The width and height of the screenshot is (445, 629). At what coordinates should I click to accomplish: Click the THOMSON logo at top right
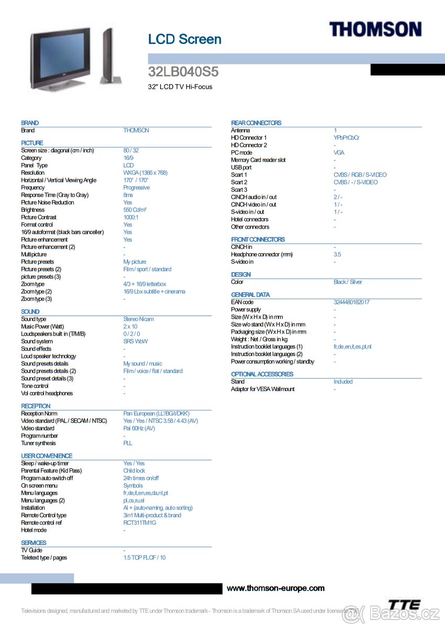point(375,29)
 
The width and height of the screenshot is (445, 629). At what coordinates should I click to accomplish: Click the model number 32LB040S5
point(183,72)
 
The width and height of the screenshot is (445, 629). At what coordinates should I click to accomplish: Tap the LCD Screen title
point(185,39)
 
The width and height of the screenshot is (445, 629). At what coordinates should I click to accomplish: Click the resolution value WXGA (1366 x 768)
point(146,172)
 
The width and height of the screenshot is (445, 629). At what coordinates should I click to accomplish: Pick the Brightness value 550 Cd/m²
point(135,210)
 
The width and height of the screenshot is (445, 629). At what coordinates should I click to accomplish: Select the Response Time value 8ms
point(128,195)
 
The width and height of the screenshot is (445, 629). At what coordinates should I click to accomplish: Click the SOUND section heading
point(30,311)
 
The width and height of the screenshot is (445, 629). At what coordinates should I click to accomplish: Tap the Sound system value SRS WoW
point(136,341)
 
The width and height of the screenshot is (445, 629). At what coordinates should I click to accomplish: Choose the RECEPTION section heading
point(36,406)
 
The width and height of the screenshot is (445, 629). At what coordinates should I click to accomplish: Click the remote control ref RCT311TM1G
point(140,523)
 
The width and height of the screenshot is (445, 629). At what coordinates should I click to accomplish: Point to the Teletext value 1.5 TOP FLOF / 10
point(144,558)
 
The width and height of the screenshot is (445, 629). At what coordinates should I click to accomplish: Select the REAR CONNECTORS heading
point(256,123)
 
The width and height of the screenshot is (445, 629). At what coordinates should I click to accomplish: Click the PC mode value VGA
point(339,153)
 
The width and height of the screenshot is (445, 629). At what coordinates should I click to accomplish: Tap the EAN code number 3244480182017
point(351,302)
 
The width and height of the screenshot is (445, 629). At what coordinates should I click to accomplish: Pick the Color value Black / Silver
point(348,282)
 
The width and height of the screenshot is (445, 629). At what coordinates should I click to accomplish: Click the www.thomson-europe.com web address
point(275,588)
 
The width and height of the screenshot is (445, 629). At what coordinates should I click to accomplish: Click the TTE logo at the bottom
point(404,604)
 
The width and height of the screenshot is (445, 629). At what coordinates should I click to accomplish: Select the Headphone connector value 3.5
point(337,254)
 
